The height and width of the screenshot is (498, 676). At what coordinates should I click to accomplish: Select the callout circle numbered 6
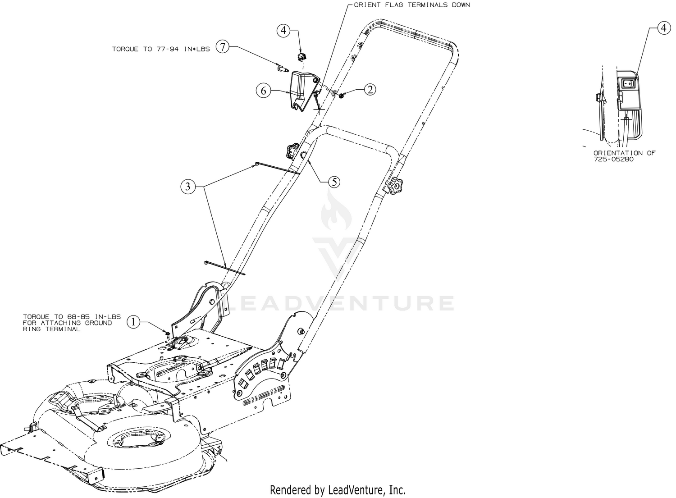click(x=264, y=91)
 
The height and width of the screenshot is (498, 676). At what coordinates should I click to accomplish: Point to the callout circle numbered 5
click(x=333, y=182)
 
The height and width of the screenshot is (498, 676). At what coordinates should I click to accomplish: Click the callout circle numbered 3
click(x=188, y=187)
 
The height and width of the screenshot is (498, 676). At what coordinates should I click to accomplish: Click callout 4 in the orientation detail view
click(x=662, y=28)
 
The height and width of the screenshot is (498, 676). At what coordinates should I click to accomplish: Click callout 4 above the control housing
click(x=283, y=31)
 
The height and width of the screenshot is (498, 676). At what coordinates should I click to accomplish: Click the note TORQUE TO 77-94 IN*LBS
click(x=161, y=49)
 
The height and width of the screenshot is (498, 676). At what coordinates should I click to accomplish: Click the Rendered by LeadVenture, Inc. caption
click(x=338, y=489)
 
